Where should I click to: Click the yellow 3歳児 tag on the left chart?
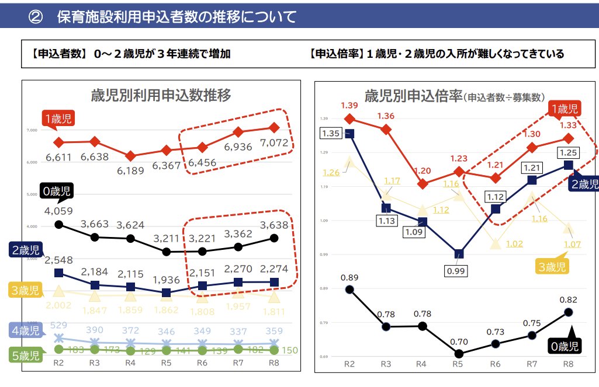[x=24, y=290]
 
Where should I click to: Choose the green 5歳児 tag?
[x=24, y=354]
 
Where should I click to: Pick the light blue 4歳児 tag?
[x=24, y=330]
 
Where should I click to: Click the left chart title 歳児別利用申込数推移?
[x=161, y=95]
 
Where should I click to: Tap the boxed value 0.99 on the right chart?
[x=459, y=271]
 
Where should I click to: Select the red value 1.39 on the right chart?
[x=349, y=105]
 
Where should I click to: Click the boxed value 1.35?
[x=331, y=133]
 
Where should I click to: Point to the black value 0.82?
[x=567, y=300]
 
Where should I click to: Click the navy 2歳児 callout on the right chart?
[x=583, y=184]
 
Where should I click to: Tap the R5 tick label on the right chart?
[x=458, y=364]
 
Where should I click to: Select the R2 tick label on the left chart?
[x=58, y=364]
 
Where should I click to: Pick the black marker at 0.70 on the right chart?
[x=459, y=354]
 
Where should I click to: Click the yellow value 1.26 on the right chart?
[x=331, y=172]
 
